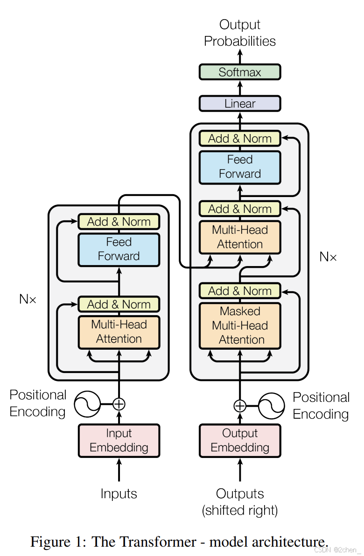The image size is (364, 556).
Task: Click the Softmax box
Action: click(240, 72)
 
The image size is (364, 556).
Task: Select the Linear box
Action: click(240, 104)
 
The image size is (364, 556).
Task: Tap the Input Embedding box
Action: click(119, 441)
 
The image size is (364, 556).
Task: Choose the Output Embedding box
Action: click(240, 441)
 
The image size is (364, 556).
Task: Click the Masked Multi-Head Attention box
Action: click(240, 325)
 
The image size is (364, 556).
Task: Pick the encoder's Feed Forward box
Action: click(119, 249)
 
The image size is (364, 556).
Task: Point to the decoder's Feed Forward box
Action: click(240, 167)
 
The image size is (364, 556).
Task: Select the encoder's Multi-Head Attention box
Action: click(119, 332)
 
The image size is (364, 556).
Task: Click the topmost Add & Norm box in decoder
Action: click(240, 139)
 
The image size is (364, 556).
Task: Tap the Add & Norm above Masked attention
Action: click(240, 291)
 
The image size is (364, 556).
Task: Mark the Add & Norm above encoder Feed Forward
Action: click(119, 222)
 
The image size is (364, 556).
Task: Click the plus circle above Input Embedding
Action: click(119, 404)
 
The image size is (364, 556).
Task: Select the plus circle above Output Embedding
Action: click(240, 406)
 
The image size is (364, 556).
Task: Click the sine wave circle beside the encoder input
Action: click(87, 404)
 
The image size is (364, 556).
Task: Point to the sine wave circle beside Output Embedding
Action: click(272, 406)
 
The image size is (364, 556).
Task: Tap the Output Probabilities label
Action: click(240, 33)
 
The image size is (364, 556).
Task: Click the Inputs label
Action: click(119, 493)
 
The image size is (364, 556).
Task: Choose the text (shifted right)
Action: click(240, 510)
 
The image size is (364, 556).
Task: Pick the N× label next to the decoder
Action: click(328, 256)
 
